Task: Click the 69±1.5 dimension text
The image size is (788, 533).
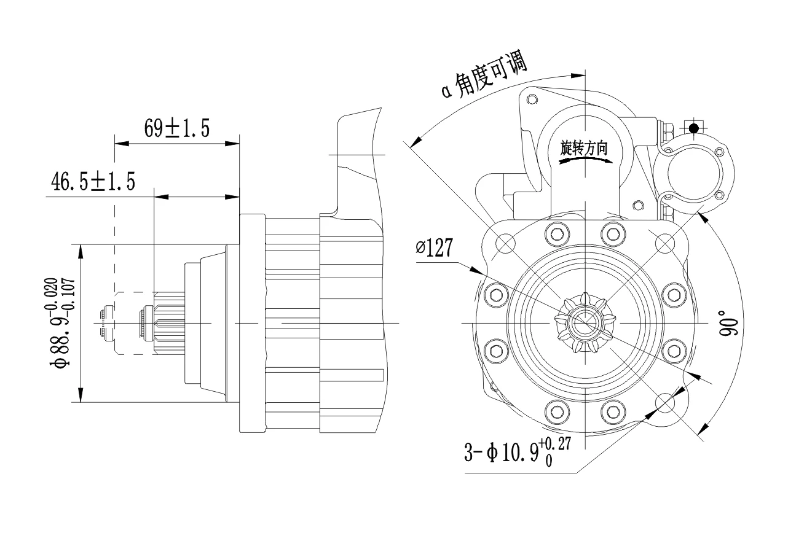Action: [x=177, y=128]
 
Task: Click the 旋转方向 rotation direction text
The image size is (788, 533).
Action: [x=584, y=147]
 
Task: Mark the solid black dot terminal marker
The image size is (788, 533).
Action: [x=693, y=128]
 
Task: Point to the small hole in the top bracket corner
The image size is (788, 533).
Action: [x=532, y=99]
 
